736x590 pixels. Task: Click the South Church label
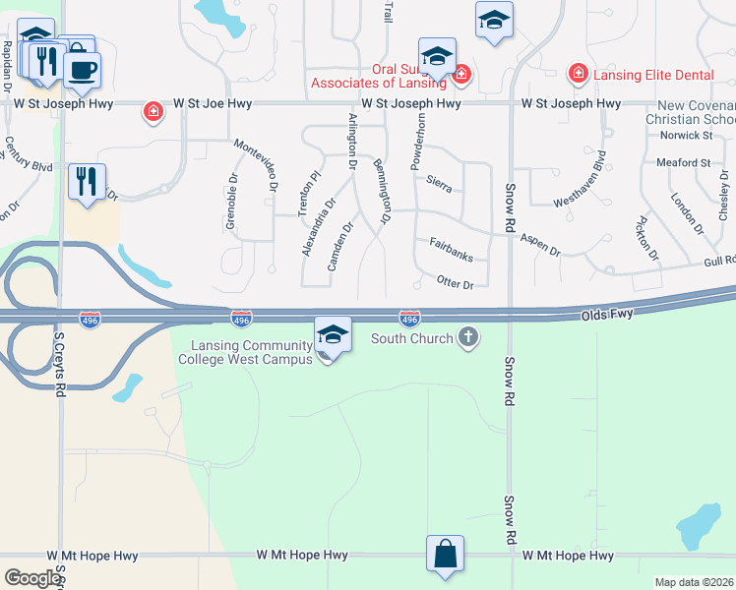coord(411,339)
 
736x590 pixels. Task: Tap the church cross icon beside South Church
coord(468,339)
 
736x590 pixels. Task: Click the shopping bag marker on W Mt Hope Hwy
coord(445,553)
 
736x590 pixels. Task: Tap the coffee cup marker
coord(82,69)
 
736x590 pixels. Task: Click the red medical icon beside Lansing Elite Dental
coord(579,74)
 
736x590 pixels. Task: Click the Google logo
coord(32,577)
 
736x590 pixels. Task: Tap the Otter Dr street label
coord(455,283)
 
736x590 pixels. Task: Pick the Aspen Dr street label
coord(539,245)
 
